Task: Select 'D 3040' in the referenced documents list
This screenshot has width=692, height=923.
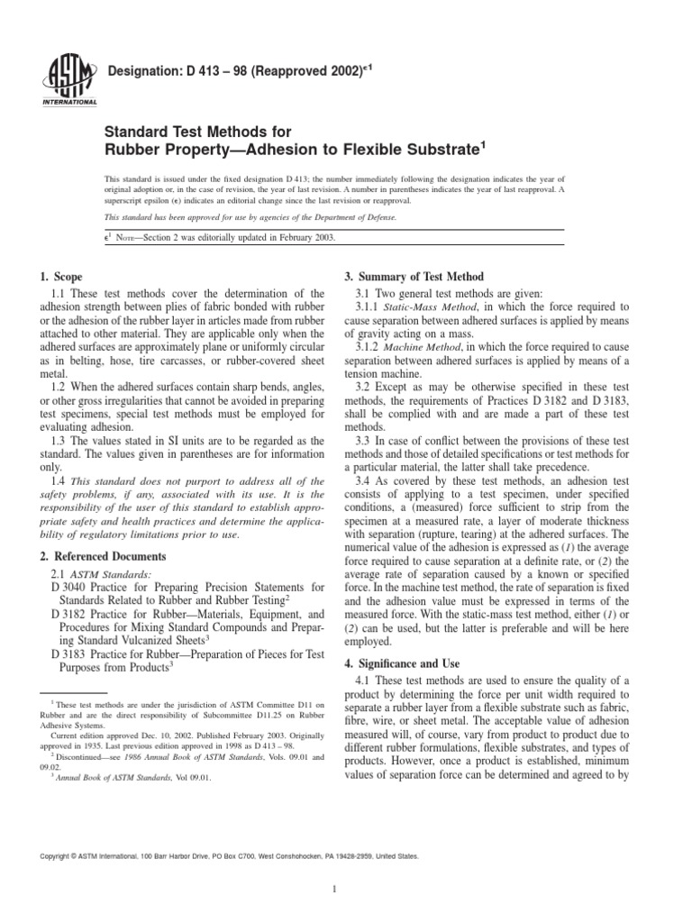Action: [70, 589]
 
